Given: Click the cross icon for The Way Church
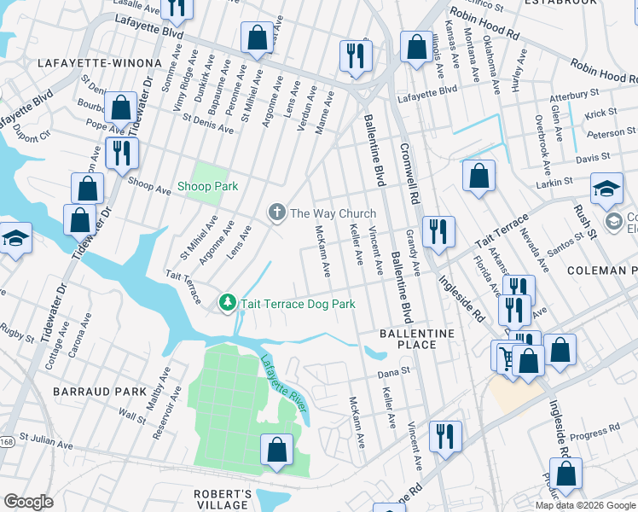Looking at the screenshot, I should (x=276, y=212).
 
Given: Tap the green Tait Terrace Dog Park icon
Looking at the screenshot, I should (x=228, y=303).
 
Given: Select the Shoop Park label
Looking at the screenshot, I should (x=207, y=186).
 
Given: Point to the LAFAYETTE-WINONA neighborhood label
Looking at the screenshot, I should (x=99, y=63).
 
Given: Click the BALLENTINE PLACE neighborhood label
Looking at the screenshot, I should (x=418, y=338).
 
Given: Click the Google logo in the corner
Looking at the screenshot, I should (x=28, y=502).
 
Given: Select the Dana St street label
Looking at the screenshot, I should (x=394, y=371).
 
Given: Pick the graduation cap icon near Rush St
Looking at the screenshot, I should (x=606, y=190).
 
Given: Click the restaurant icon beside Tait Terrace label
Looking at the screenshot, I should (x=438, y=231).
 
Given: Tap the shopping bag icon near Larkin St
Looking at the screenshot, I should (x=479, y=176).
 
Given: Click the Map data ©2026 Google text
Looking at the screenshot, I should (x=585, y=505).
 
